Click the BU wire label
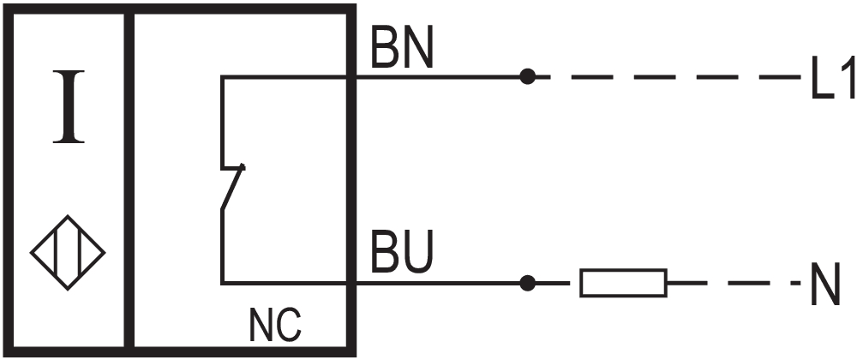click(402, 255)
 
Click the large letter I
click(69, 106)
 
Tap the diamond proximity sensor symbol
click(68, 254)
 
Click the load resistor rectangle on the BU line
click(623, 283)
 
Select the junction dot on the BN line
click(528, 76)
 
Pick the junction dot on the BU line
click(528, 282)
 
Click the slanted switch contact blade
click(233, 186)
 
